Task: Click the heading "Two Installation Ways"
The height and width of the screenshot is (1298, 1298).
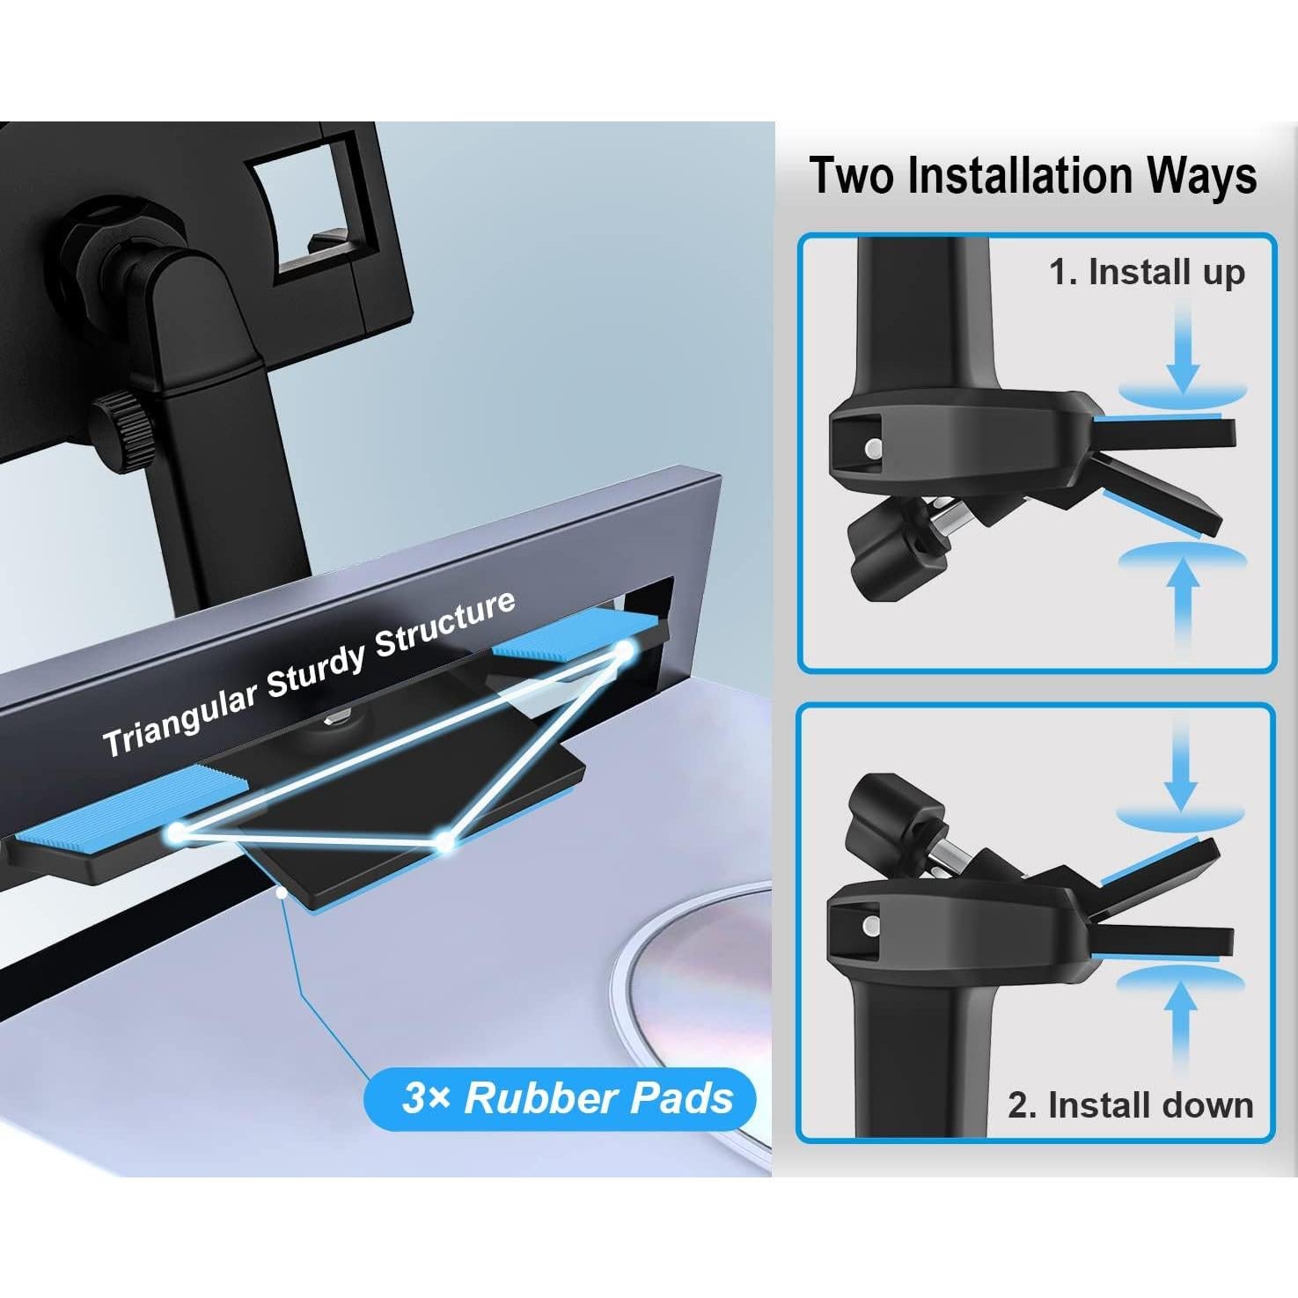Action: click(x=1031, y=175)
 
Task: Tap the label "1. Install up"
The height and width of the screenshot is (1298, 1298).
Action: click(x=1146, y=273)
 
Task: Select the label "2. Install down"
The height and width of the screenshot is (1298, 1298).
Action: click(x=1130, y=1104)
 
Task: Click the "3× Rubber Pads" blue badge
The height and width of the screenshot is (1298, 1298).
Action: click(x=561, y=1098)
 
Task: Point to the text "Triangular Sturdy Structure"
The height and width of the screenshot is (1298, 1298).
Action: click(x=308, y=674)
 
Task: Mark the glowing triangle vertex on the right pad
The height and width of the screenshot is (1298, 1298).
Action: click(x=625, y=651)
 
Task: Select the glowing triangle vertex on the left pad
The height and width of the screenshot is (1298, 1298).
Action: click(x=179, y=831)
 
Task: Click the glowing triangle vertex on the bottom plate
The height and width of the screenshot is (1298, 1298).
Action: click(x=445, y=841)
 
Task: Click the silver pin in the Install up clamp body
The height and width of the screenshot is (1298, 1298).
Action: click(x=872, y=448)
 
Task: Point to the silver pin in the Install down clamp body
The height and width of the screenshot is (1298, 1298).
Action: click(x=870, y=925)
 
